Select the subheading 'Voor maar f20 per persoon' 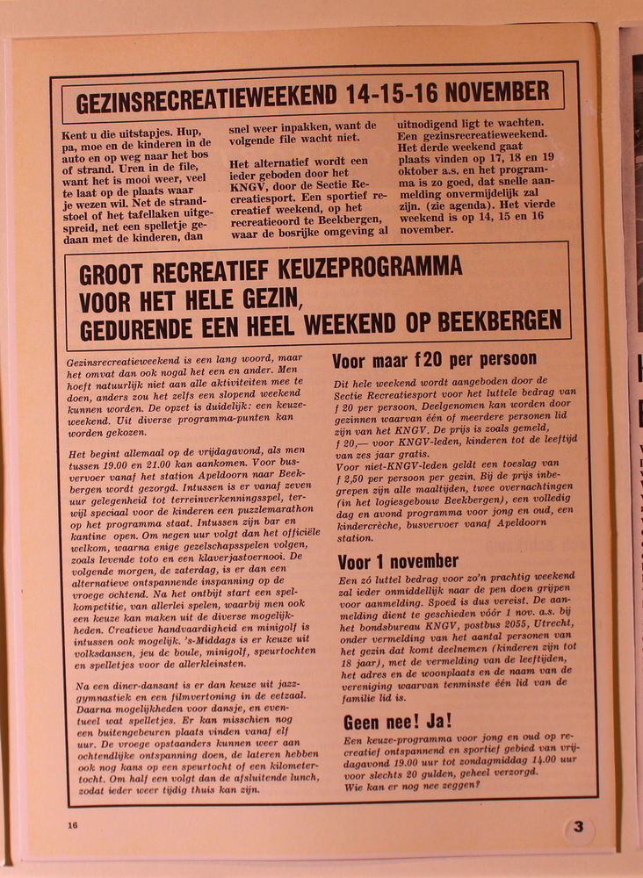[x=434, y=360]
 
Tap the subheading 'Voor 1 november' [x=398, y=562]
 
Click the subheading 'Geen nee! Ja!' [x=397, y=722]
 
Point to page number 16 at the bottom [x=72, y=824]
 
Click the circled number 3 [x=578, y=827]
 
